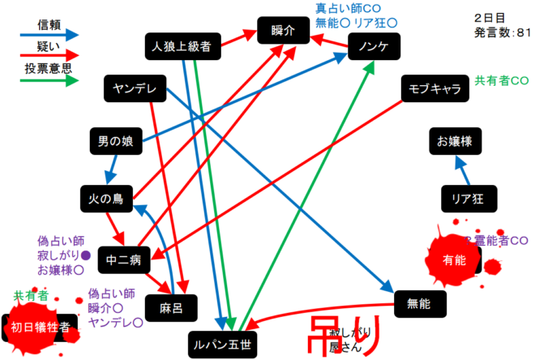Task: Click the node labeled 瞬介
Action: [285, 31]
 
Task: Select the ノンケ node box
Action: [374, 48]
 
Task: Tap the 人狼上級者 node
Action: [181, 48]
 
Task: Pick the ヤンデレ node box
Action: [135, 88]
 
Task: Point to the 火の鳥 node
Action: [107, 198]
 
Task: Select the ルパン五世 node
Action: [220, 344]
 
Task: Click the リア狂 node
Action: [468, 198]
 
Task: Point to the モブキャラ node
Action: [435, 88]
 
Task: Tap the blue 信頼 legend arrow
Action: [49, 36]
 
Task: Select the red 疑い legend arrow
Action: [49, 58]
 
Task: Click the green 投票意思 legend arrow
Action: [49, 79]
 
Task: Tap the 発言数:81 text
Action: [502, 33]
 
